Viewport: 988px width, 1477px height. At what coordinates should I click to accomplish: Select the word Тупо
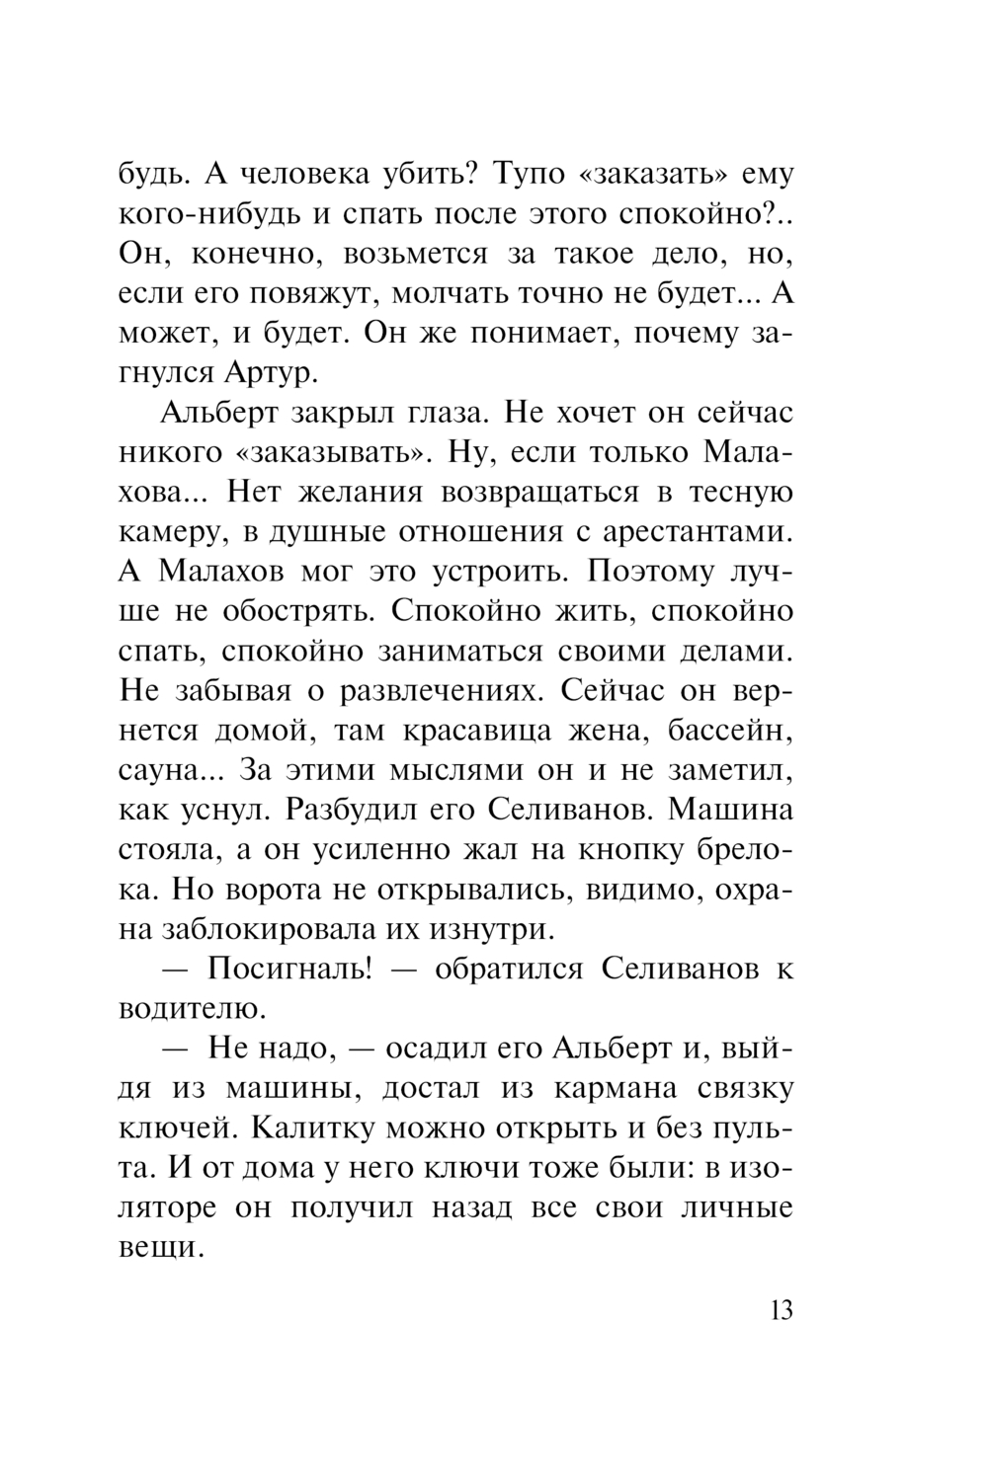pyautogui.click(x=528, y=174)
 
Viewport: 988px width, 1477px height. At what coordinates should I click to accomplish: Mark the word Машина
pyautogui.click(x=731, y=810)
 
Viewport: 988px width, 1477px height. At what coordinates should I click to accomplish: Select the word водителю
pyautogui.click(x=192, y=1008)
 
